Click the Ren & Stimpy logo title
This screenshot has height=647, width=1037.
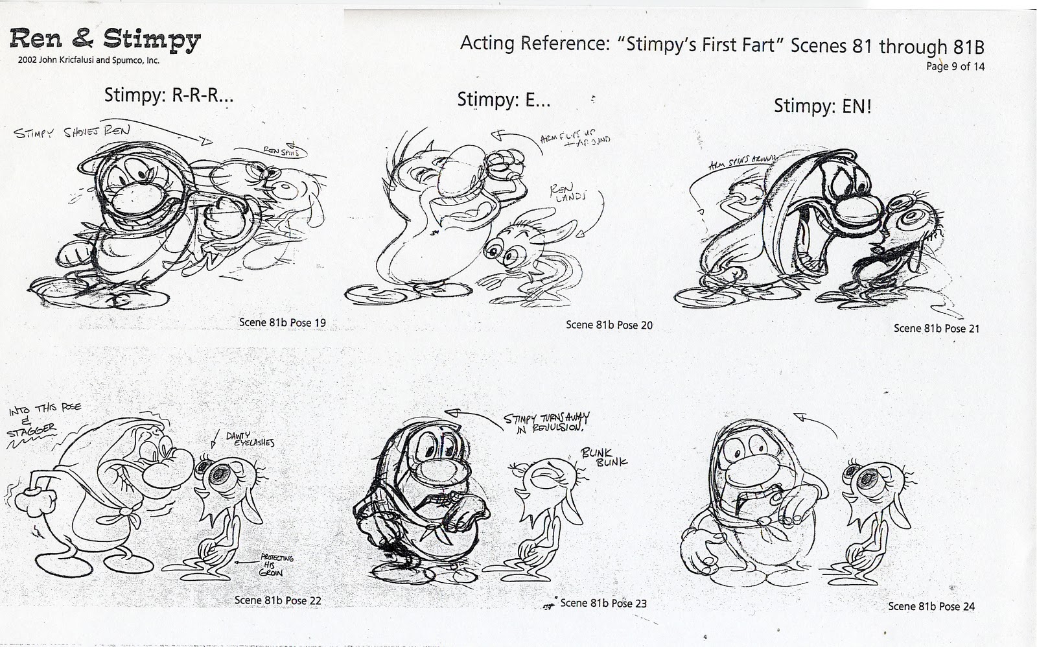(x=106, y=40)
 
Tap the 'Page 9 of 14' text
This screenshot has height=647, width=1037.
(x=955, y=66)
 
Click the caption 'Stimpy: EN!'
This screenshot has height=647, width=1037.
(x=822, y=106)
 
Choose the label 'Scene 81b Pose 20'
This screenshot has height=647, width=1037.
(x=609, y=325)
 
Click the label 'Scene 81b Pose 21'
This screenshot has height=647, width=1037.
(x=937, y=328)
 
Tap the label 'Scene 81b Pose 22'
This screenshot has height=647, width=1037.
(x=277, y=600)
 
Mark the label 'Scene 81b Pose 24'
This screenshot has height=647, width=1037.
(x=931, y=606)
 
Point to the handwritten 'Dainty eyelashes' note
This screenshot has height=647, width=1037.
(x=250, y=440)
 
